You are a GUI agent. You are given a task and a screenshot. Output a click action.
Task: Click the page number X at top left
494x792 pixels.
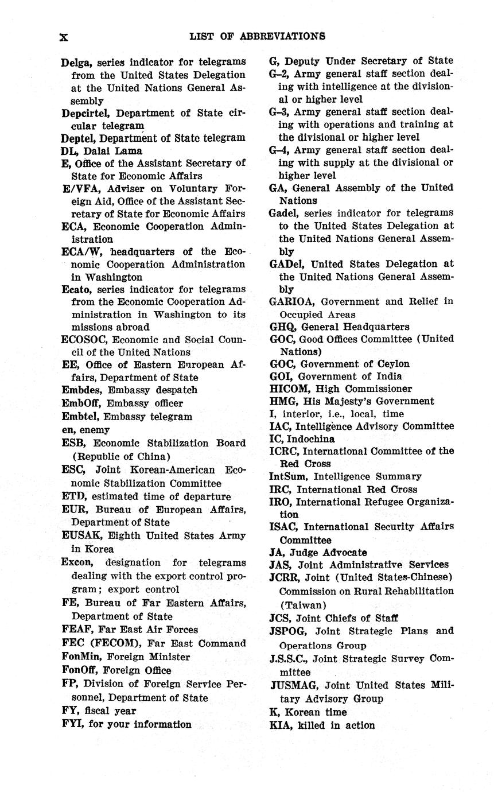[x=64, y=37]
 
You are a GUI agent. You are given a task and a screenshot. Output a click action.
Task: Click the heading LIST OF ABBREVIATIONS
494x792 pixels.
[x=257, y=36]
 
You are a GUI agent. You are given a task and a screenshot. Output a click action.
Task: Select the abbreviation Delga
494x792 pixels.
[x=77, y=62]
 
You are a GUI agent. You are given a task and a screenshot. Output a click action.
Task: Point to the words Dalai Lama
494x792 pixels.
[x=113, y=151]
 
